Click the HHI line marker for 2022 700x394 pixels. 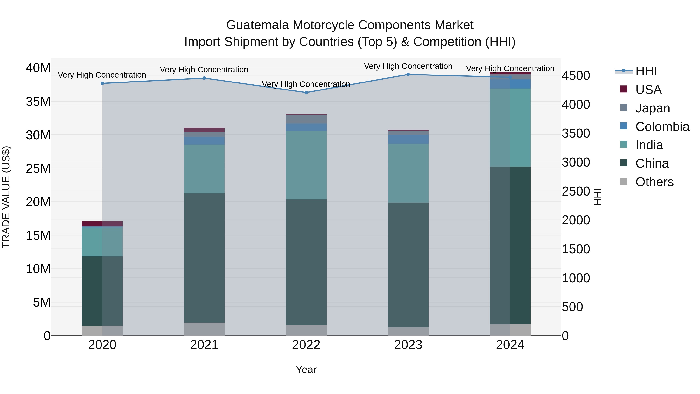coord(306,92)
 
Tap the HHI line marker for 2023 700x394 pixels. coord(408,75)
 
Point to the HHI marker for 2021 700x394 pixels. coord(204,78)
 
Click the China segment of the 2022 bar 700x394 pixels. coord(306,262)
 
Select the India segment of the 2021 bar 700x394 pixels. coord(204,169)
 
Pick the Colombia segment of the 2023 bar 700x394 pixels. coord(408,139)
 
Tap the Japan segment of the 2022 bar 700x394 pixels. coord(306,119)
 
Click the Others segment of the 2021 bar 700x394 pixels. coord(204,329)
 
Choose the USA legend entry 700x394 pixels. coord(648,90)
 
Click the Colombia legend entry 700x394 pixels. coord(662,127)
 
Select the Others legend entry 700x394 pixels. coord(654,182)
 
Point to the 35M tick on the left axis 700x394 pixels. coord(38,102)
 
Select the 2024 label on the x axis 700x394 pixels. coord(510,345)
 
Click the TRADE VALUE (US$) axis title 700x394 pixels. coord(6,197)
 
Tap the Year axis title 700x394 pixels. coord(306,369)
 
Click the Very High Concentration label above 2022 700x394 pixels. coord(306,84)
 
